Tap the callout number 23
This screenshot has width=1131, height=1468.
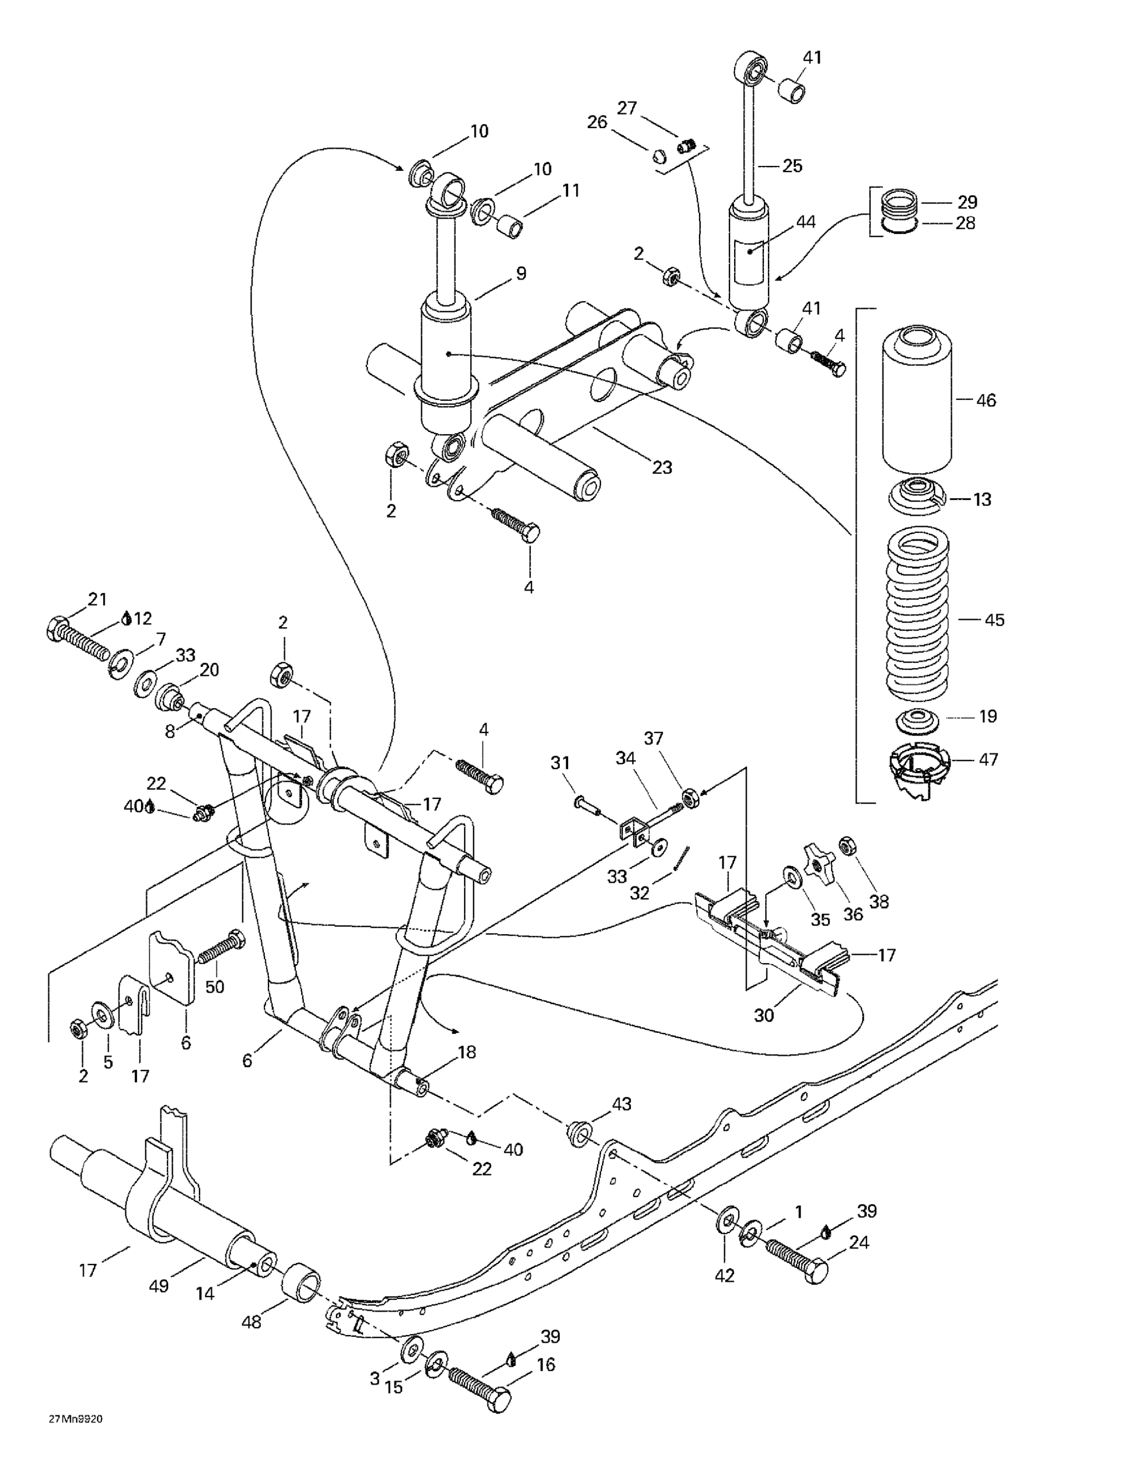(x=662, y=467)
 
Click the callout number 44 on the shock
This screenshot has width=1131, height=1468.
(x=806, y=222)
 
